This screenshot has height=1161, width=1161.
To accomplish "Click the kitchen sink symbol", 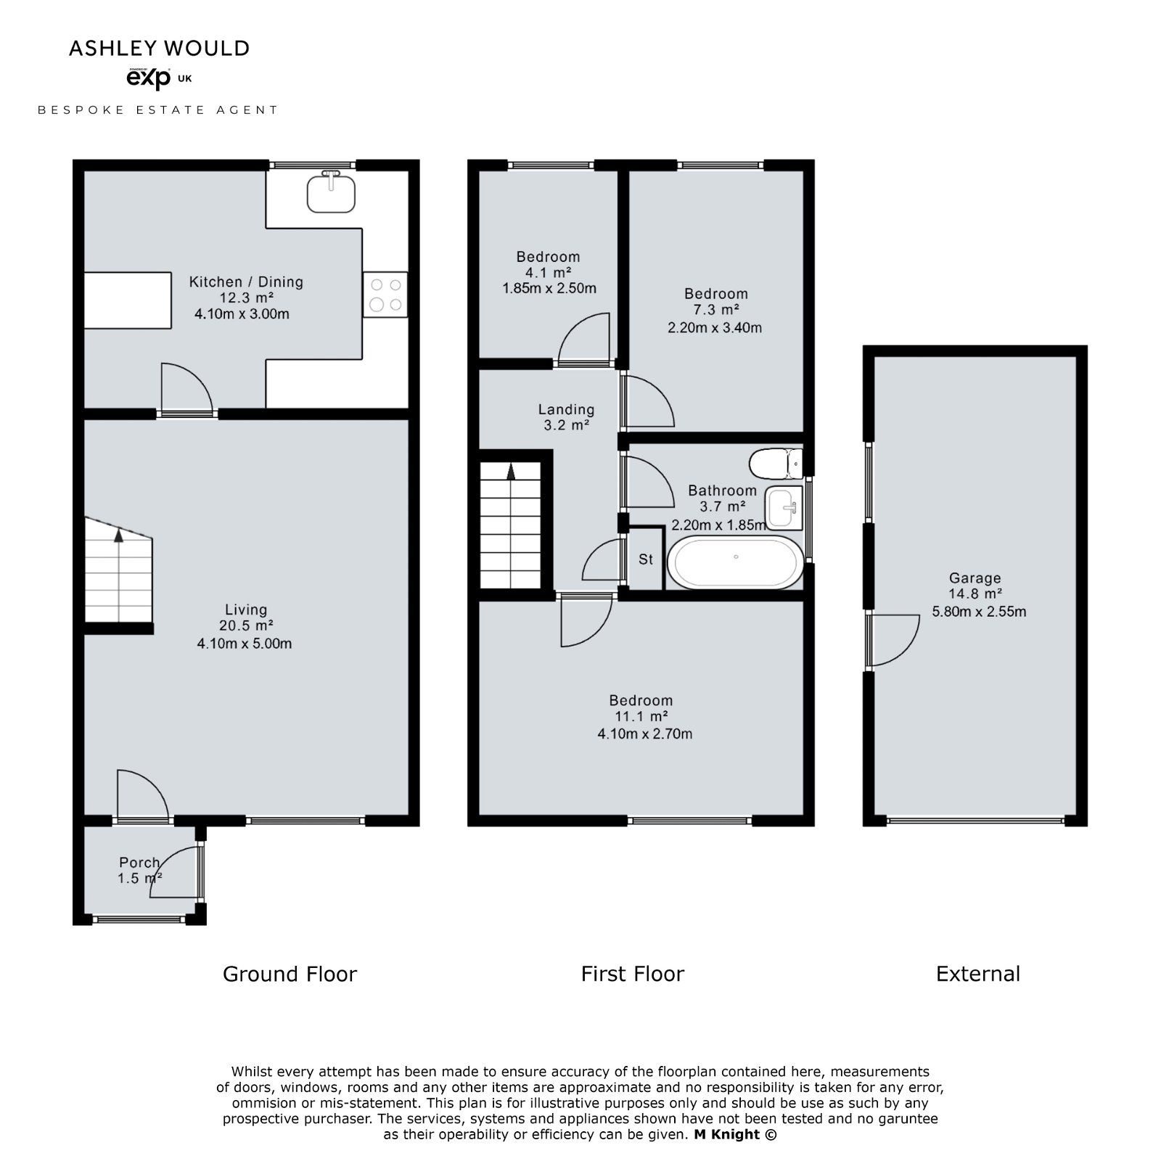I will pyautogui.click(x=332, y=192).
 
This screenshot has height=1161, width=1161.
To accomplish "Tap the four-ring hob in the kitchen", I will pyautogui.click(x=385, y=295).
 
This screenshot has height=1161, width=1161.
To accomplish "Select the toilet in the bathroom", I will pyautogui.click(x=776, y=463).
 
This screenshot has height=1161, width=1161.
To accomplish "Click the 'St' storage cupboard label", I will pyautogui.click(x=646, y=559).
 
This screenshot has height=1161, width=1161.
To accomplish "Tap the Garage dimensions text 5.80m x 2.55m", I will pyautogui.click(x=979, y=612).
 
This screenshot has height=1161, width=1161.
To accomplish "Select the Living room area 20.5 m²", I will pyautogui.click(x=246, y=626).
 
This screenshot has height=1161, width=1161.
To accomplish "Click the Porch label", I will pyautogui.click(x=139, y=862).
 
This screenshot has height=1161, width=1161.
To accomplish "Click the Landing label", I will pyautogui.click(x=566, y=410).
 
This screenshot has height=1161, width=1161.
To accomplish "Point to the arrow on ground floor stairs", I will pyautogui.click(x=118, y=536).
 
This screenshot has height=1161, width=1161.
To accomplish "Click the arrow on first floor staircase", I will pyautogui.click(x=511, y=472).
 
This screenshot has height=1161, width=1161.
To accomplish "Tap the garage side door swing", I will pyautogui.click(x=894, y=640).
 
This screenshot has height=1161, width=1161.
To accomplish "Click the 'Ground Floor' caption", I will pyautogui.click(x=290, y=974).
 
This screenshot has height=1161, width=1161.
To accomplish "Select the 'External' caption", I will pyautogui.click(x=977, y=974).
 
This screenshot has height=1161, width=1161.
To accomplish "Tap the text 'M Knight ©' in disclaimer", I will pyautogui.click(x=735, y=1134).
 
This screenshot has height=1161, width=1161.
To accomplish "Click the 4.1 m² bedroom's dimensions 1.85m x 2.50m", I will pyautogui.click(x=549, y=288).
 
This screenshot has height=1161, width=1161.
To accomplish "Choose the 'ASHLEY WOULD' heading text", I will pyautogui.click(x=159, y=49).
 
